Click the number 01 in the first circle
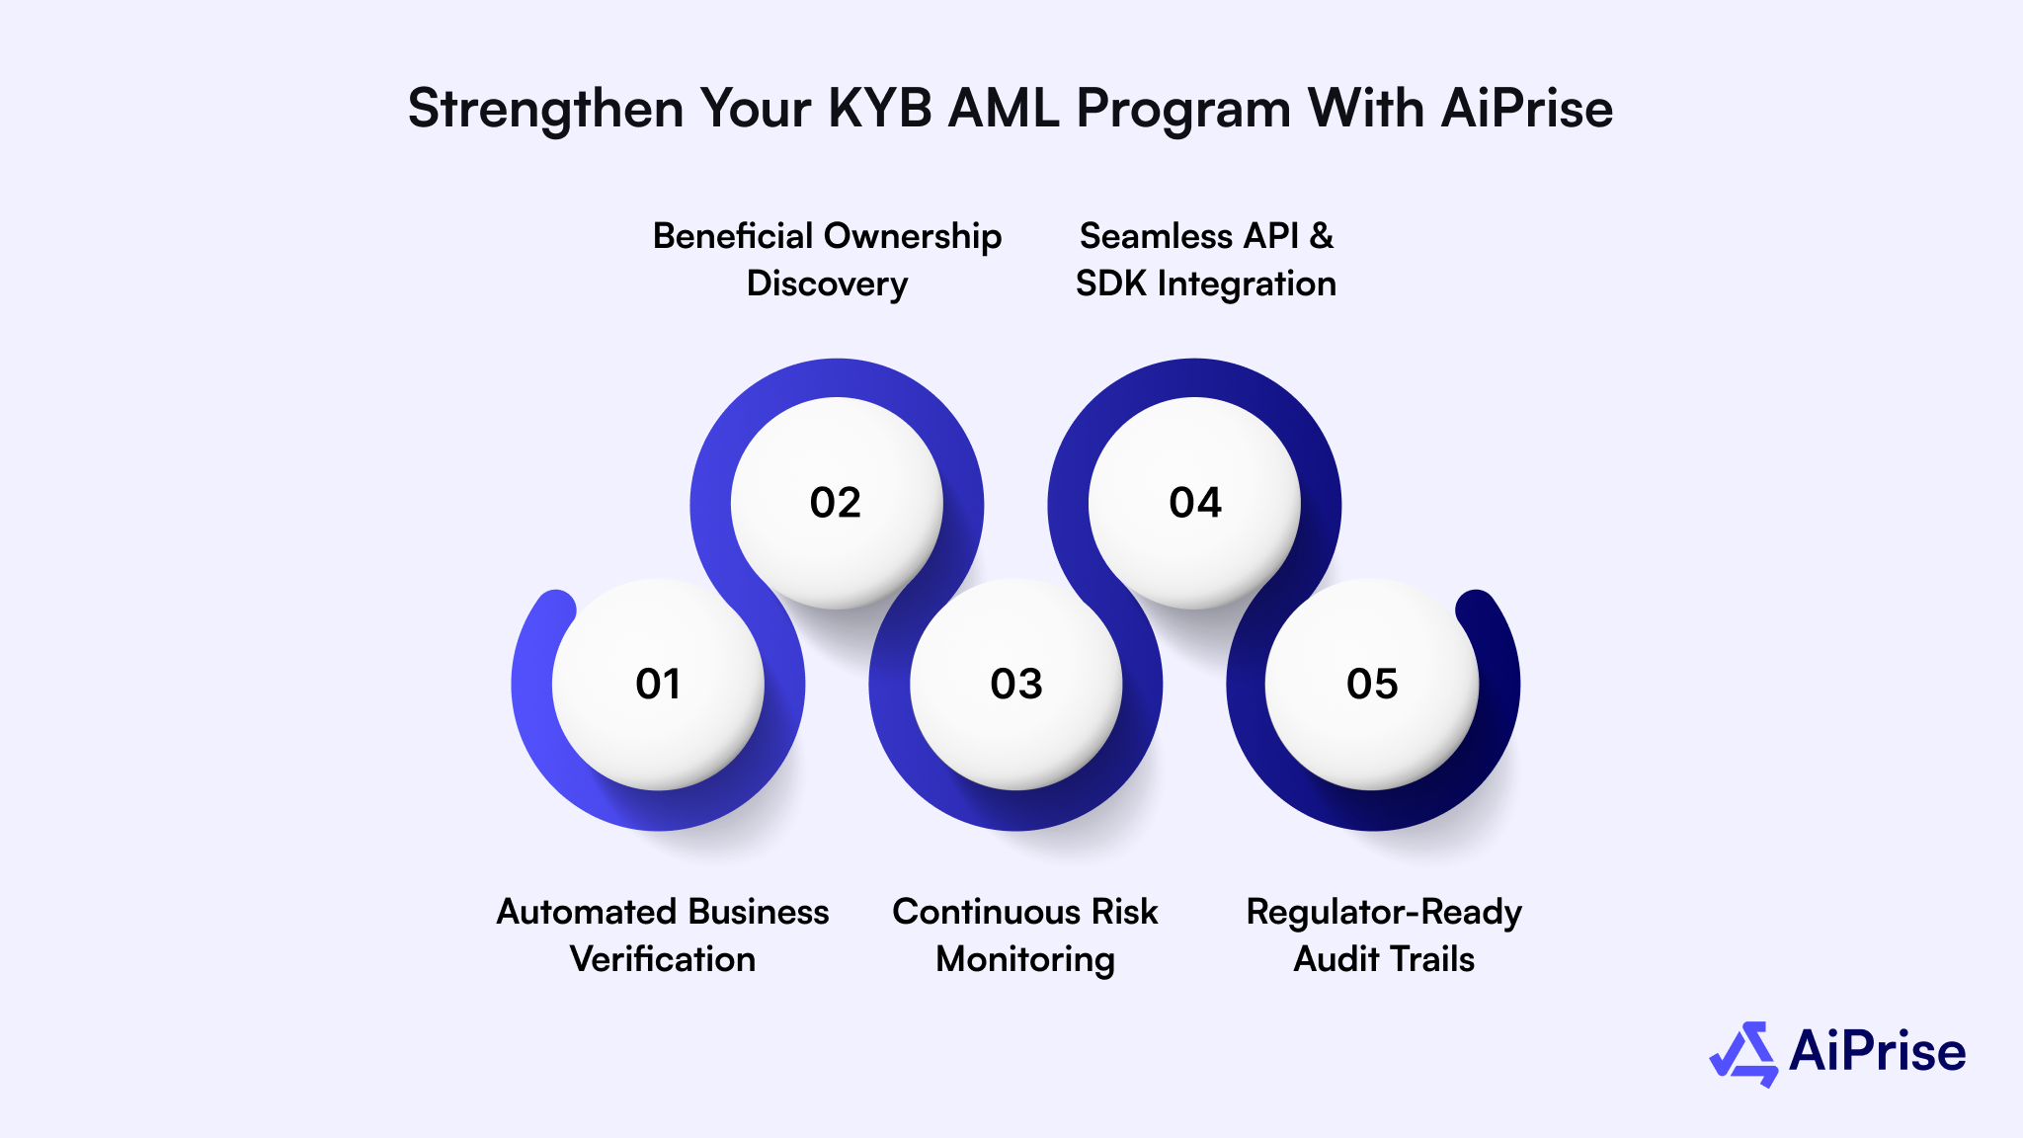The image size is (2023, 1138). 658,684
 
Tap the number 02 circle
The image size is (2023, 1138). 836,503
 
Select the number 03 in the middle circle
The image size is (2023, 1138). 1016,684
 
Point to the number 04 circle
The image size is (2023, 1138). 1195,503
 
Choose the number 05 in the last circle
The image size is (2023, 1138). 1372,684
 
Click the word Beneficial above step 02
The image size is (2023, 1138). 733,236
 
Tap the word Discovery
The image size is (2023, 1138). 827,284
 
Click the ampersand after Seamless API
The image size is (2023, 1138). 1321,236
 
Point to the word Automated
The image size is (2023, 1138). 577,912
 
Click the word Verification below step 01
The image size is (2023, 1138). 663,959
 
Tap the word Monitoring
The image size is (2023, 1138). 1025,959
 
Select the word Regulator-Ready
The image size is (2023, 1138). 1384,912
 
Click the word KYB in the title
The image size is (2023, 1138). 880,108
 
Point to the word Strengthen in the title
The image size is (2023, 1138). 545,108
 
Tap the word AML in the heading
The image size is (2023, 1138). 1004,108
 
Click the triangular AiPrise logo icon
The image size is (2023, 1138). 1744,1054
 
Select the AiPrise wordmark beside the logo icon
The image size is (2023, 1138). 1877,1051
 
